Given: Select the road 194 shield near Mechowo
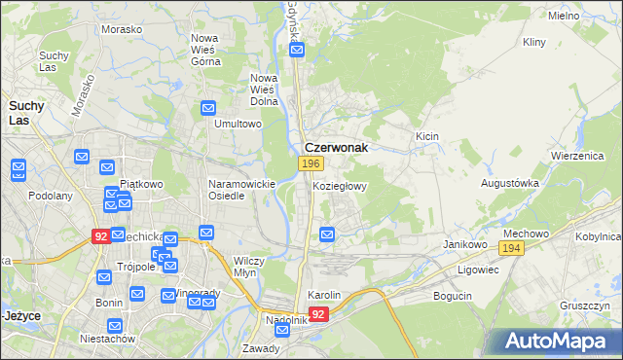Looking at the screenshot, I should tap(514, 250).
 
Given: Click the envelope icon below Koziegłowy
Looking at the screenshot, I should tap(328, 234).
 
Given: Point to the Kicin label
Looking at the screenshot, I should tap(427, 137).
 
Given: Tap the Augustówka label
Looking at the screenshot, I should tap(509, 183).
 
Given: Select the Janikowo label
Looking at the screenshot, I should tap(464, 244).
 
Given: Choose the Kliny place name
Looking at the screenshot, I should tap(534, 43).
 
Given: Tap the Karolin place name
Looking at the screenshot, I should tap(324, 295).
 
